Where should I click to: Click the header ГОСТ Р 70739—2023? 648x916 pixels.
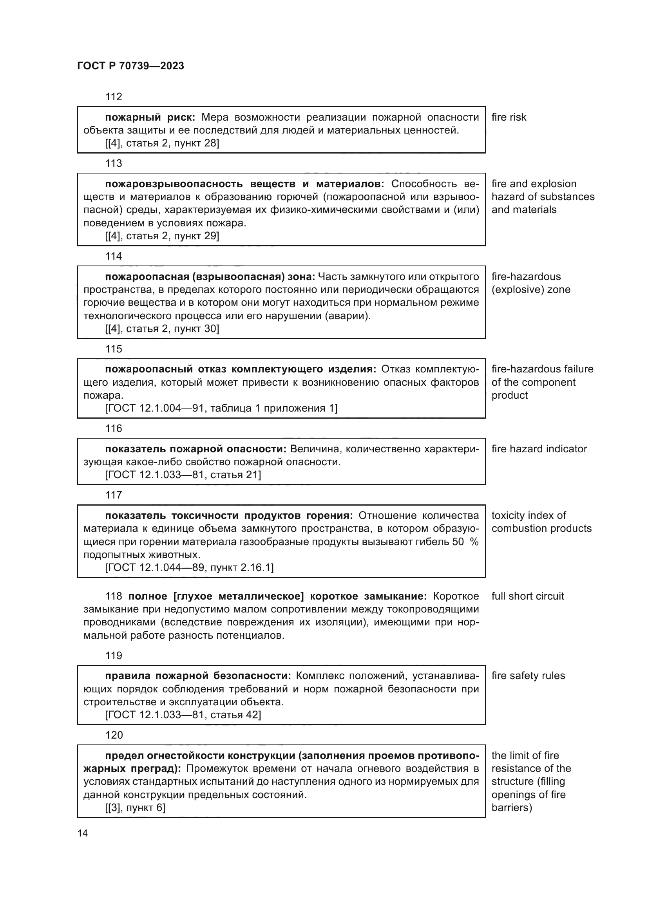pyautogui.click(x=130, y=66)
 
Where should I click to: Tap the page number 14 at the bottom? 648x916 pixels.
pyautogui.click(x=83, y=833)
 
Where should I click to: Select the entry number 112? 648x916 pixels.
pyautogui.click(x=113, y=97)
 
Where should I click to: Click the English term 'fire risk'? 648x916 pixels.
pyautogui.click(x=509, y=117)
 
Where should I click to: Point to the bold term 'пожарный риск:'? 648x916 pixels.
pyautogui.click(x=150, y=117)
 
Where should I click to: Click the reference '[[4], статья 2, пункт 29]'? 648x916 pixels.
pyautogui.click(x=162, y=236)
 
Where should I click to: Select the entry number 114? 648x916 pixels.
pyautogui.click(x=113, y=256)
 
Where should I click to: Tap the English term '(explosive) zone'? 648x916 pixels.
pyautogui.click(x=531, y=290)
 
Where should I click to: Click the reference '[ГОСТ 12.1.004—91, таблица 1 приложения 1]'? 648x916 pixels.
pyautogui.click(x=221, y=408)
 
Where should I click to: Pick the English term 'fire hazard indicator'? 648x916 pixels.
pyautogui.click(x=539, y=449)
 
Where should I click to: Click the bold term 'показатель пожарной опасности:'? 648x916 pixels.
pyautogui.click(x=195, y=449)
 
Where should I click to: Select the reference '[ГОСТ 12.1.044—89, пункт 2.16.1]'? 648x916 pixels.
pyautogui.click(x=189, y=567)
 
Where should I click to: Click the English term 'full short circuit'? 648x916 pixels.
pyautogui.click(x=527, y=596)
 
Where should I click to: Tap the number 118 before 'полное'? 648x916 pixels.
pyautogui.click(x=113, y=596)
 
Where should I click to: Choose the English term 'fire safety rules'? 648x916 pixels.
pyautogui.click(x=528, y=676)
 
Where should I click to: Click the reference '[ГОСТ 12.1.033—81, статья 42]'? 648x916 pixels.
pyautogui.click(x=183, y=715)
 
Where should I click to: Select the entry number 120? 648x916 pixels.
pyautogui.click(x=114, y=735)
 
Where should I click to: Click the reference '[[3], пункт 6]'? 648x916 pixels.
pyautogui.click(x=135, y=808)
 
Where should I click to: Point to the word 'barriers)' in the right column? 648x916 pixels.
pyautogui.click(x=512, y=808)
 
